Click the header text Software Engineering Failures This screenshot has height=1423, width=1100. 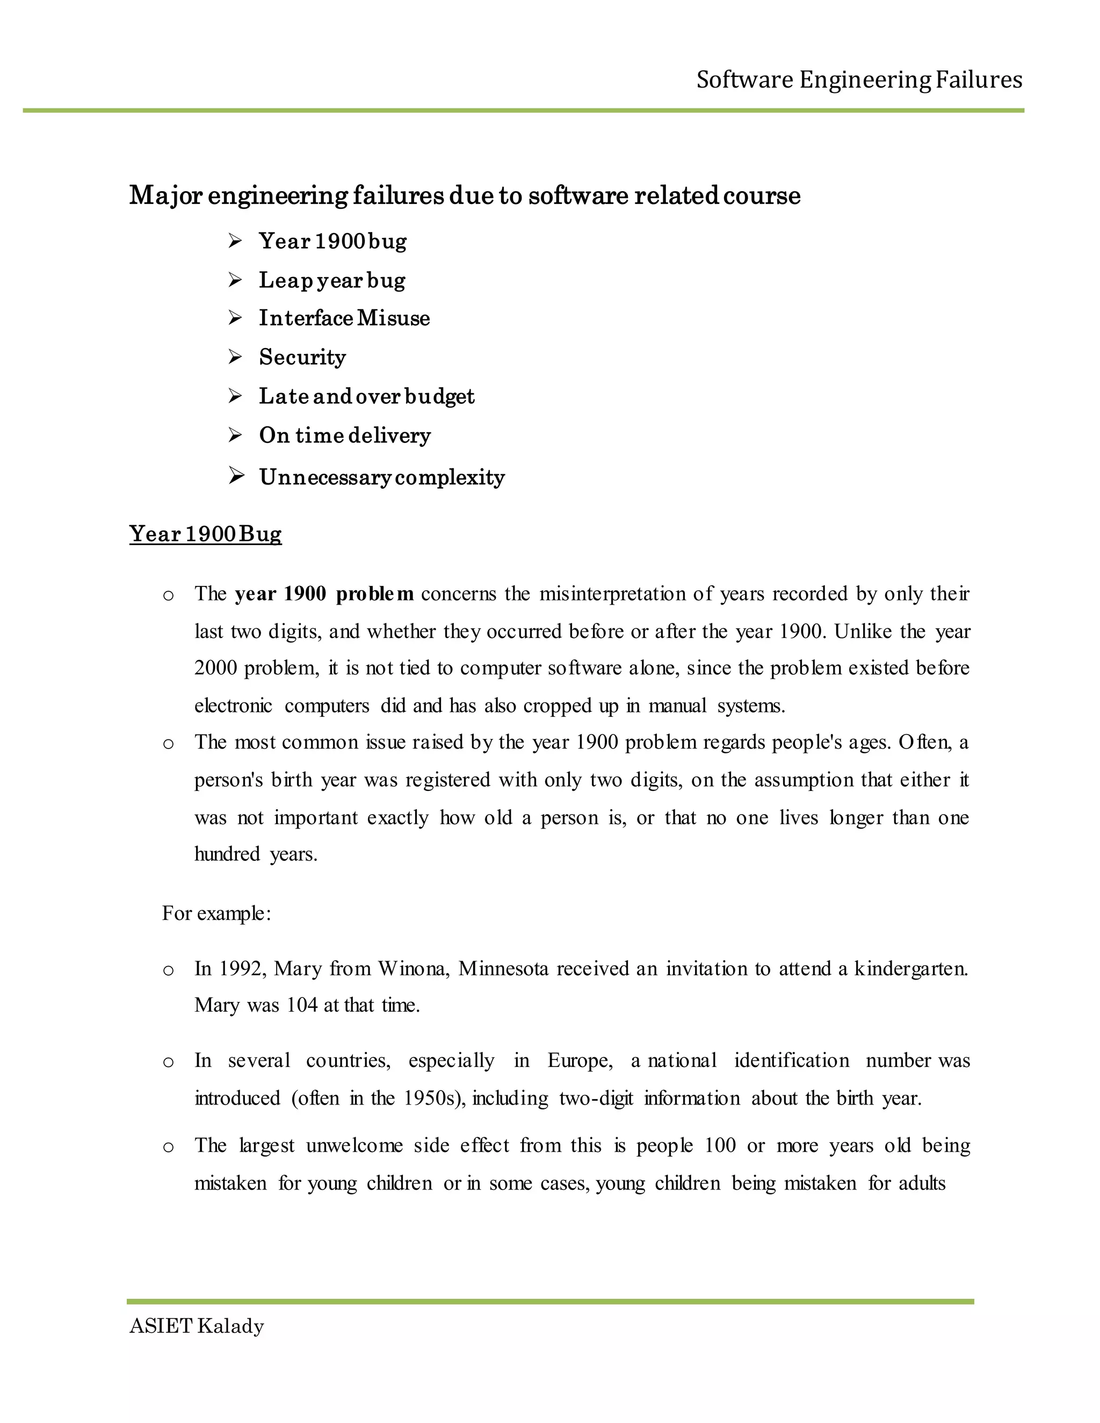click(859, 80)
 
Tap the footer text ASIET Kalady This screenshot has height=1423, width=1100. click(196, 1326)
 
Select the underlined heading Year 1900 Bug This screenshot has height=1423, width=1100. click(205, 534)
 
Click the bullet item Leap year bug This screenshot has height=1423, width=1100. click(332, 280)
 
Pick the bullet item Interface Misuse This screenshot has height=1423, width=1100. click(344, 318)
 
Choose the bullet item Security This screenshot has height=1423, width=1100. click(302, 357)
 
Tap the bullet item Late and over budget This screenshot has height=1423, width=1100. click(366, 396)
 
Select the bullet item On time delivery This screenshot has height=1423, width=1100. click(345, 435)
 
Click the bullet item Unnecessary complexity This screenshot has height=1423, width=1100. click(382, 477)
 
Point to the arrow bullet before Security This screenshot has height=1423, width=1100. click(235, 357)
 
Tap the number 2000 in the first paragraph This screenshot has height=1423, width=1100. click(215, 669)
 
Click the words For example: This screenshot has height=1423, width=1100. click(216, 913)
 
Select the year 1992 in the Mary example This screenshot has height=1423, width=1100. click(239, 969)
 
